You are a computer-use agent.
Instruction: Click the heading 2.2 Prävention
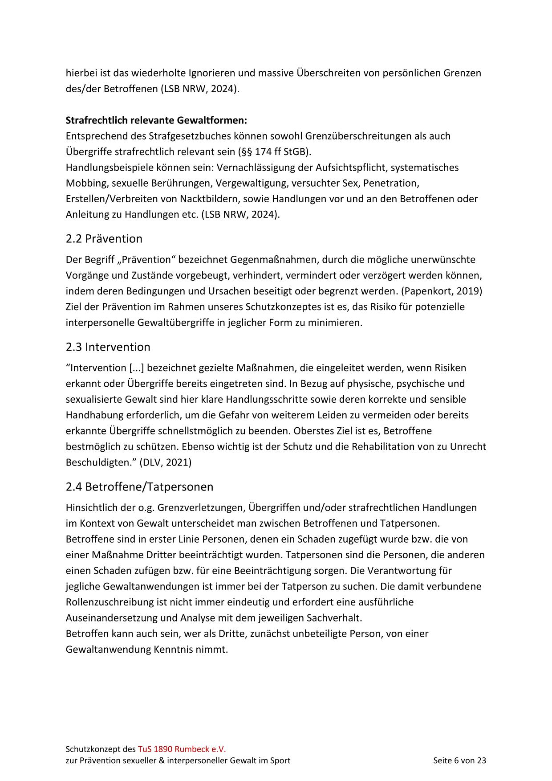(104, 239)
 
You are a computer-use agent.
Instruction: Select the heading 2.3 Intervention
(108, 347)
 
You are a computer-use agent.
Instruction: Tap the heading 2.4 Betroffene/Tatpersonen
(139, 487)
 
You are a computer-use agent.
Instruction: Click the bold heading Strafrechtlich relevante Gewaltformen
(156, 120)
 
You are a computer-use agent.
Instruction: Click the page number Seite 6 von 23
(459, 761)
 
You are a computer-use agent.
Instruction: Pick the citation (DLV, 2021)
(165, 462)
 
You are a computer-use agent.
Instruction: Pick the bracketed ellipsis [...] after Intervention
(136, 368)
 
